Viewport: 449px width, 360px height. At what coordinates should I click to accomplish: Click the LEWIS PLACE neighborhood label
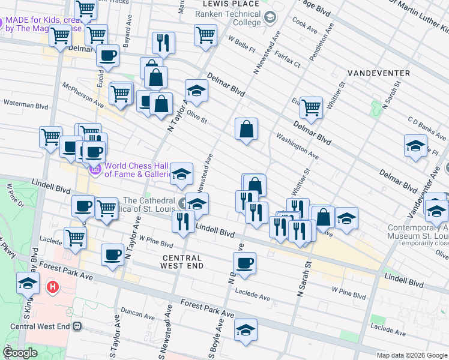pos(228,4)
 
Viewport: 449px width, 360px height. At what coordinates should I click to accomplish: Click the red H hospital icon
pos(53,287)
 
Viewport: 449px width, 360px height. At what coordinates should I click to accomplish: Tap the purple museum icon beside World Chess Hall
pos(95,170)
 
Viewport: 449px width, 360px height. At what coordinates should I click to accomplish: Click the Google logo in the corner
pos(20,353)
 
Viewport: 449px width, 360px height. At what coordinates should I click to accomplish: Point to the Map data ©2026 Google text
pos(412,355)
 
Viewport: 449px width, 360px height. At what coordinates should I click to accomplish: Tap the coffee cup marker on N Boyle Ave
pos(244,263)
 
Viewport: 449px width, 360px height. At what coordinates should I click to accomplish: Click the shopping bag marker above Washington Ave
pos(246,128)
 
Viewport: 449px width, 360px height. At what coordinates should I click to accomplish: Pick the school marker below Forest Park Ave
pos(245,330)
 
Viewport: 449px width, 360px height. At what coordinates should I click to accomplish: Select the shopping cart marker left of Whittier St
pos(311,108)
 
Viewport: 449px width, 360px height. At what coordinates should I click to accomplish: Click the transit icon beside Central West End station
pos(77,326)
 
